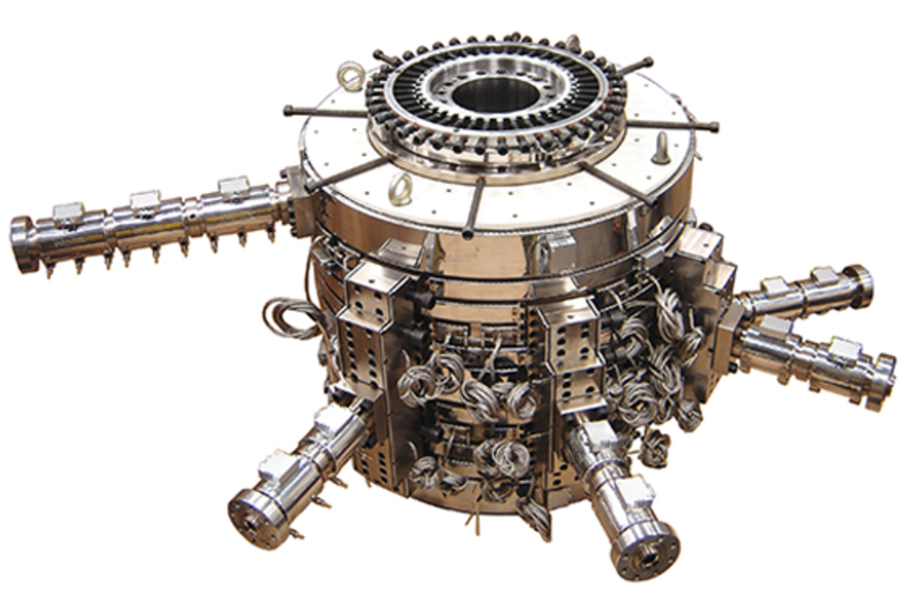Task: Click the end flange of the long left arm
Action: point(21,244)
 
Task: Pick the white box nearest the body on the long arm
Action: point(233,185)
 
